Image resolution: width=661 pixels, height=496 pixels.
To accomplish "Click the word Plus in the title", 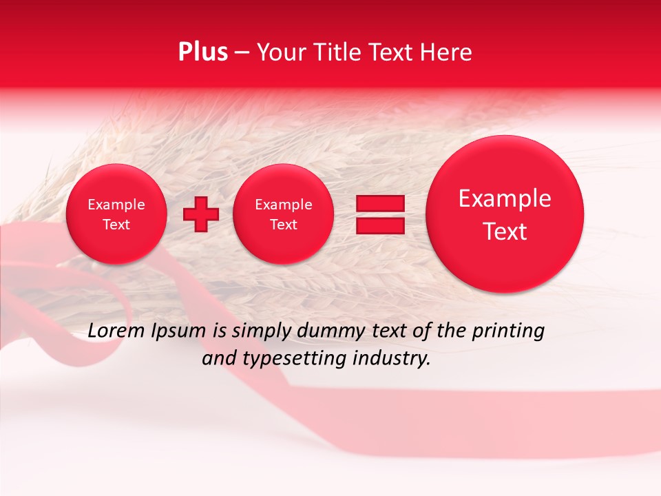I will [202, 52].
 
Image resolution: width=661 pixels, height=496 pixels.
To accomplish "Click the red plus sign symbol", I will [200, 214].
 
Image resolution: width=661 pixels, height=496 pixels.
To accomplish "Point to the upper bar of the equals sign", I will [379, 203].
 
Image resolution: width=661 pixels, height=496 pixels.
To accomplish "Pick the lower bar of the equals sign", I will [379, 225].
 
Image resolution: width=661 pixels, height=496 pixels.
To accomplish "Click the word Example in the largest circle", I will [505, 198].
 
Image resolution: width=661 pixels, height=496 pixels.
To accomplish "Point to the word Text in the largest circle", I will [505, 231].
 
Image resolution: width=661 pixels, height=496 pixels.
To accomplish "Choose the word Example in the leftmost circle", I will [116, 205].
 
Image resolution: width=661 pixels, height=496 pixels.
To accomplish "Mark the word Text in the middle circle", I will [284, 225].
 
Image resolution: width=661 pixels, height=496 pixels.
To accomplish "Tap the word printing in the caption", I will [507, 331].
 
